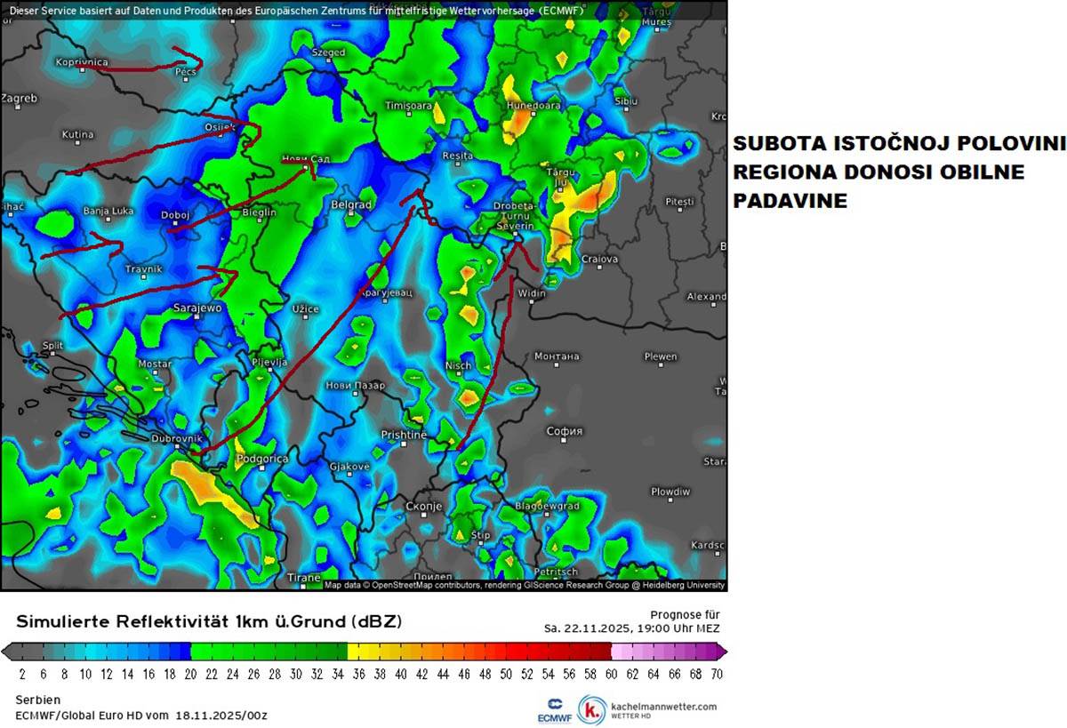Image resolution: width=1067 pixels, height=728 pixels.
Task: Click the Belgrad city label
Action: pos(350,204)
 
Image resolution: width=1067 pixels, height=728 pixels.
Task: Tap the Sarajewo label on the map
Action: pos(197,308)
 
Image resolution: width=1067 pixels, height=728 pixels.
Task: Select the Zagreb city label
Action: pos(19,99)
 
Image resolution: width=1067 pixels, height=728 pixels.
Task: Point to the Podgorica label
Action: pos(262,459)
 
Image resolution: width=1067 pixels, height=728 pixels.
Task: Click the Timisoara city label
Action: pos(408,106)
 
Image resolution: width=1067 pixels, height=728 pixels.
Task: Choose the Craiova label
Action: pos(599,260)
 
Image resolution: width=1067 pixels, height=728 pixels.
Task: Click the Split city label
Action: pos(52,345)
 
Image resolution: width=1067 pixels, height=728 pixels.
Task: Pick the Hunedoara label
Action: pos(533,105)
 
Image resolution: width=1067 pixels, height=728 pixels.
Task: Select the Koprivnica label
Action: pos(81,62)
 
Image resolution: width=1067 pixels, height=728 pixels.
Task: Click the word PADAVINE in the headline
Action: pos(790,202)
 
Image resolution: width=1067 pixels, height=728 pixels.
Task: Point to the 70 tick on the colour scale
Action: pos(717,674)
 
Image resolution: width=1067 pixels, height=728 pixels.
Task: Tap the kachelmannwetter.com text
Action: pos(663,706)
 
